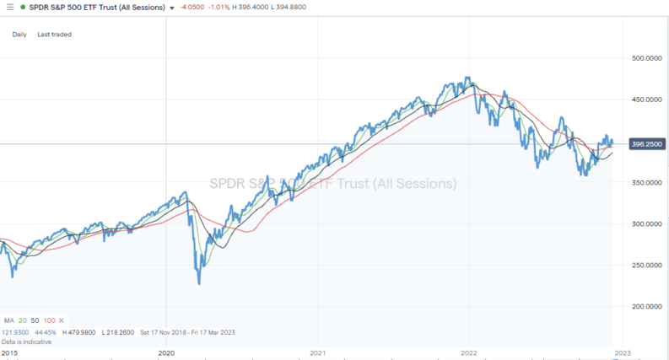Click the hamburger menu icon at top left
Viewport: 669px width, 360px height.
(x=8, y=7)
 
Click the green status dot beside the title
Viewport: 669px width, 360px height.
(x=22, y=7)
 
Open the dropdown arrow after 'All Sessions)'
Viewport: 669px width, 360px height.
(x=173, y=8)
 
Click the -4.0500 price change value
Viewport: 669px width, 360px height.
(x=194, y=7)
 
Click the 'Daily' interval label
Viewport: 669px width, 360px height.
(x=19, y=35)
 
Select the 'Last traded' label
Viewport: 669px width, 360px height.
(x=55, y=35)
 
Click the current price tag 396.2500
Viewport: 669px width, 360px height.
(x=644, y=144)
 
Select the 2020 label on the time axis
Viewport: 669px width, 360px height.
(x=167, y=353)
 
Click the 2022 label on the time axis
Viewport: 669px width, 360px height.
(x=471, y=353)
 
